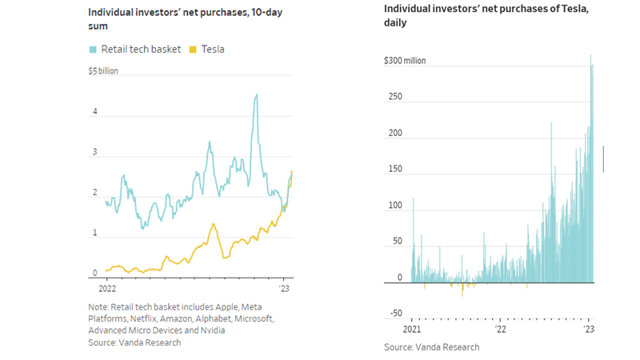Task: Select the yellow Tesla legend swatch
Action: (192, 50)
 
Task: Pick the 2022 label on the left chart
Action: (107, 287)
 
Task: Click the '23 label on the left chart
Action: (285, 287)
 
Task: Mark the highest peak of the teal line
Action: (256, 94)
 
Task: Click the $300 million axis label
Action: (406, 61)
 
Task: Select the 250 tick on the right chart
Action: (395, 97)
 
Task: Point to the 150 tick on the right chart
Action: (395, 170)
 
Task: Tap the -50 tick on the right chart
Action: (395, 314)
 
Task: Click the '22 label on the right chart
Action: (500, 329)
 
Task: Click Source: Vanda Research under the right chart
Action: (431, 347)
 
